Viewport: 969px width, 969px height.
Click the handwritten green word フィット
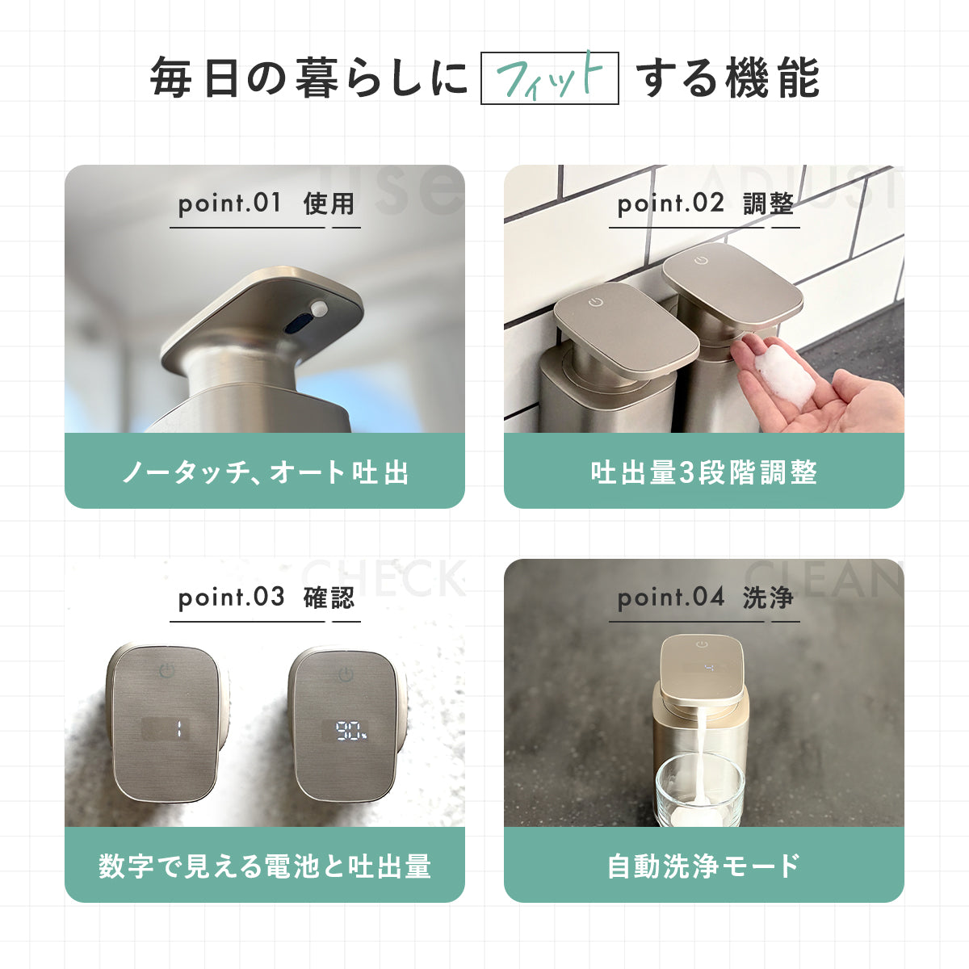[x=549, y=78]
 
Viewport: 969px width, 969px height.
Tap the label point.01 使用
[x=266, y=203]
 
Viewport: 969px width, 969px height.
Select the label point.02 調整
[x=705, y=203]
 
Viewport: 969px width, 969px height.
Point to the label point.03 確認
[x=266, y=598]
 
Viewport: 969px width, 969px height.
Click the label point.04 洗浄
[x=705, y=598]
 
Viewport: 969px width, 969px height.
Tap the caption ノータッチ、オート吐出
[x=265, y=472]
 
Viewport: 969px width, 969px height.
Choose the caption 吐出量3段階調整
[x=704, y=472]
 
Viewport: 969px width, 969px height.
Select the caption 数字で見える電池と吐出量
[x=265, y=866]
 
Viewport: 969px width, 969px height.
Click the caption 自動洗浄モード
[x=704, y=866]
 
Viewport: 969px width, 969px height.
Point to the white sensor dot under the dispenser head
[x=320, y=308]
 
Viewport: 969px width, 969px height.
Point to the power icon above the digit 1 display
[x=166, y=671]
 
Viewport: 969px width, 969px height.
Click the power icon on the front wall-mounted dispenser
[x=596, y=302]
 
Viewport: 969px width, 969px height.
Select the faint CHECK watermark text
[x=384, y=578]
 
